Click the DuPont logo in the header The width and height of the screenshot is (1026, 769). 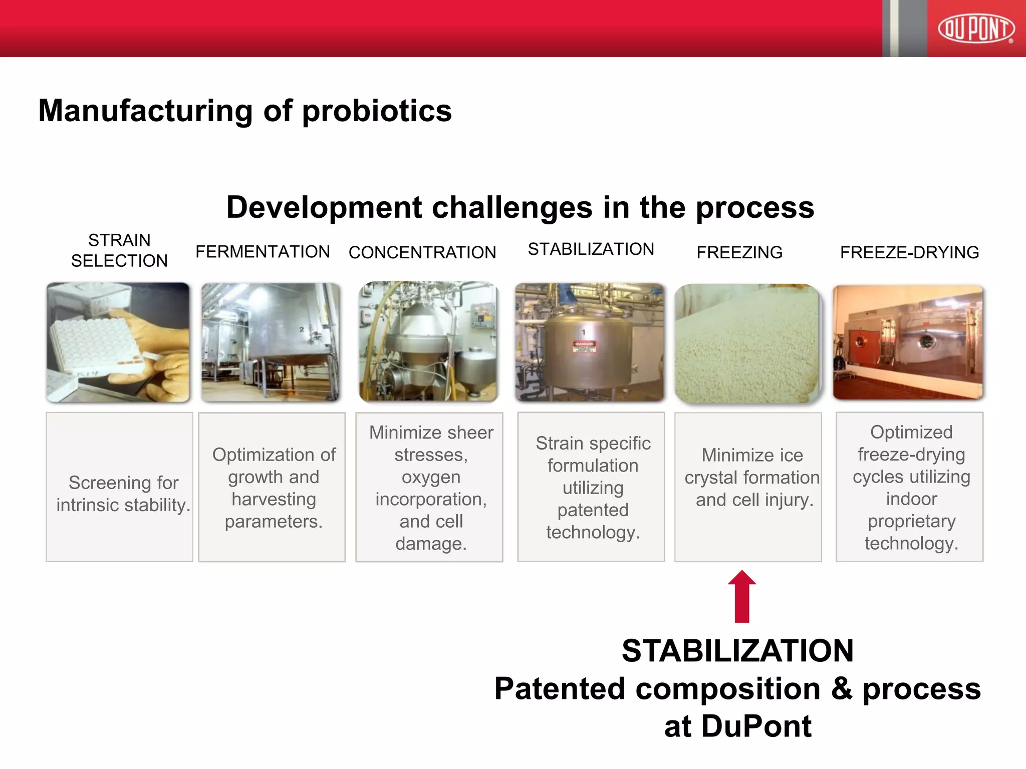coord(976,29)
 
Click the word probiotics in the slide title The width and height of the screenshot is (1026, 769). coord(377,111)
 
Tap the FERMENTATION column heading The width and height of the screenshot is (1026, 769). coord(263,251)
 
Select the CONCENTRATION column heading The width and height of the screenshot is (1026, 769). coord(422,252)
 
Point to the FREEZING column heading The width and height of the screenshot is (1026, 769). coord(739,252)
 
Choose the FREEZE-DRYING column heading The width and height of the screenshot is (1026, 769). coord(909,252)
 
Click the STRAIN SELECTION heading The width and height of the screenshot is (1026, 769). coord(119,250)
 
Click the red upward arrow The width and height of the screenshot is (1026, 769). coord(742,596)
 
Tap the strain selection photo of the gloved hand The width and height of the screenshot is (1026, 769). coord(118,342)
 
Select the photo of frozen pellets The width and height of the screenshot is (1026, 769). coord(747,343)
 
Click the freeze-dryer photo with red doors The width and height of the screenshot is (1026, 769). coord(908,342)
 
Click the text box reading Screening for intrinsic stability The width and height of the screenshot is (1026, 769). coord(120,487)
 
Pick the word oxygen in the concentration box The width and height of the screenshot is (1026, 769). coord(431,477)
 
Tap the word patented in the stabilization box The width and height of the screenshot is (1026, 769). coord(593,510)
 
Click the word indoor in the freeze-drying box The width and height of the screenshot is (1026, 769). coord(911,499)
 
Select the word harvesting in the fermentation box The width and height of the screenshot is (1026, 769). coord(274,499)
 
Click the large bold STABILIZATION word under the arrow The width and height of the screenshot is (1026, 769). coord(737,650)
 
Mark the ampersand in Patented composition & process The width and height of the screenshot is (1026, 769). coord(842,688)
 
